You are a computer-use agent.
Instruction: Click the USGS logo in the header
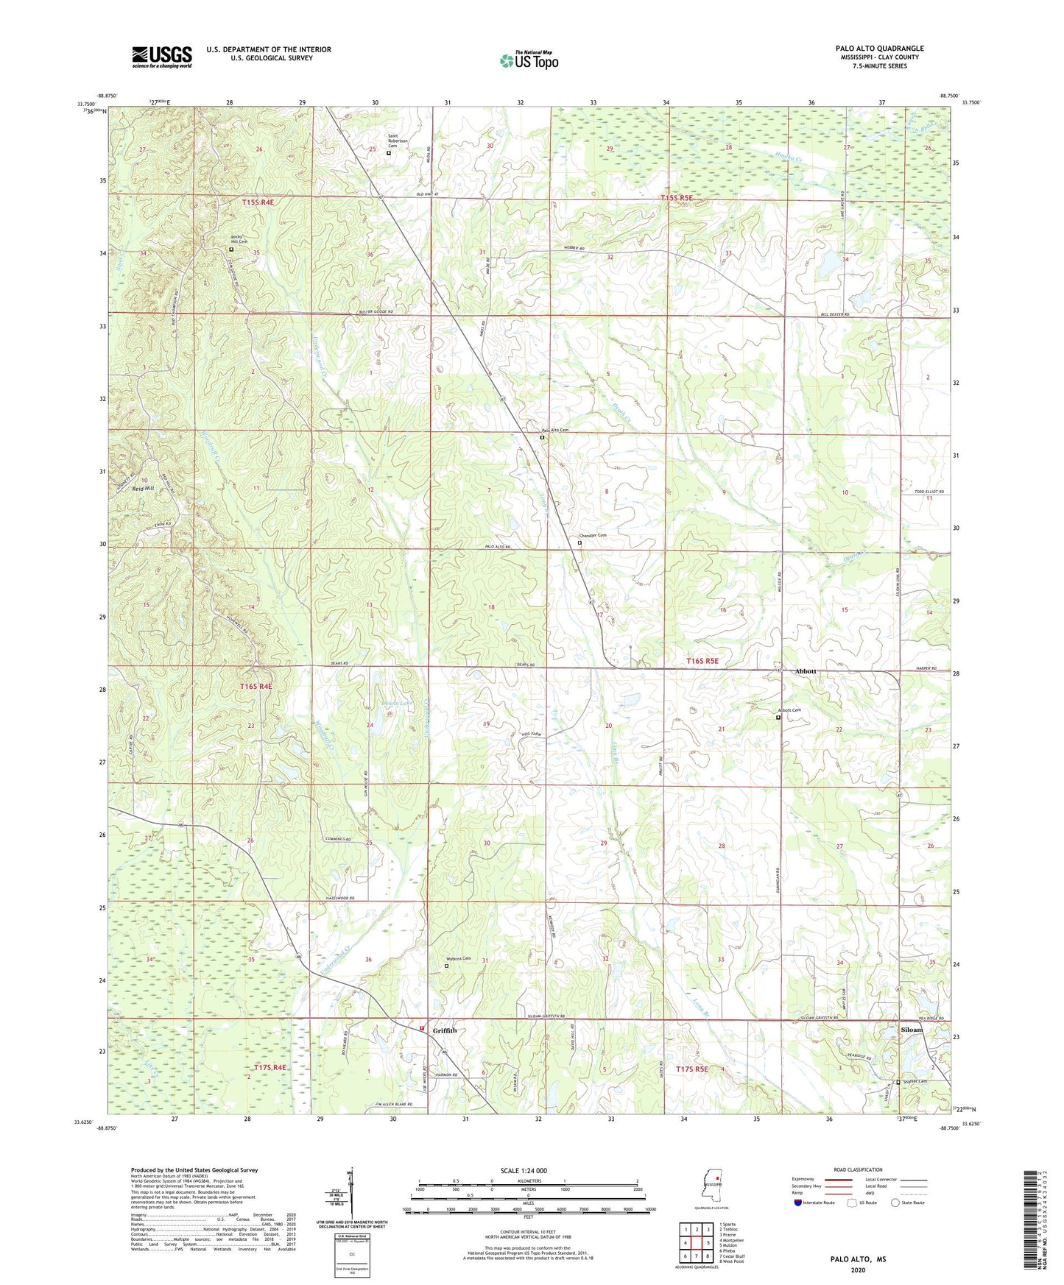coord(162,57)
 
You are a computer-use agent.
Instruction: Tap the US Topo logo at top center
coord(529,60)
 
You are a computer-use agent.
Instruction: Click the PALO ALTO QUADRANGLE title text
coord(879,49)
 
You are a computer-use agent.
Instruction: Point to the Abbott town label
coord(806,671)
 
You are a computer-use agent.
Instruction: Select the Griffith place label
coord(445,1030)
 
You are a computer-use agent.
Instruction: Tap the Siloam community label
coord(912,1029)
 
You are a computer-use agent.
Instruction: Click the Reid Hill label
coord(143,488)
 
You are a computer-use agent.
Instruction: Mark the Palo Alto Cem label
coord(555,430)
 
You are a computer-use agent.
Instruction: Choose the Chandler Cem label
coord(593,535)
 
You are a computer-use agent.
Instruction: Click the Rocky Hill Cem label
coord(239,239)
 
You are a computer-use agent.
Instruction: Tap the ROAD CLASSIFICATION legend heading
coord(858,1169)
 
